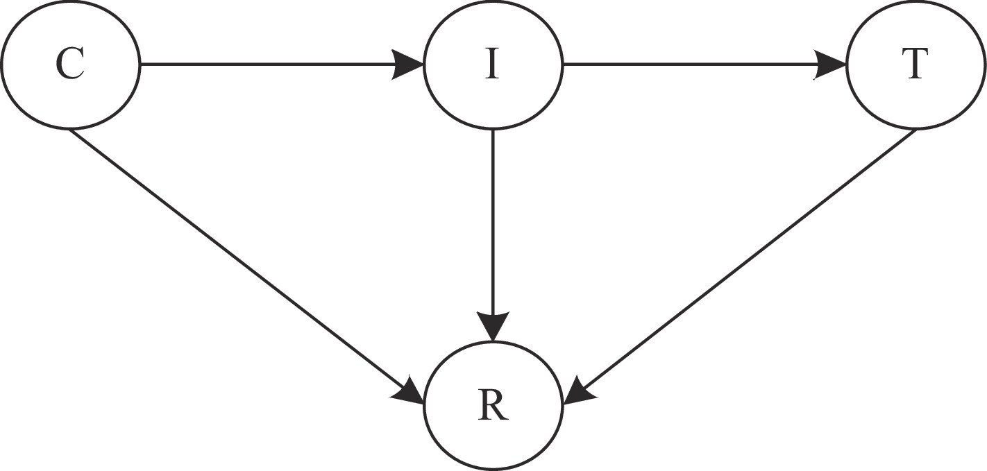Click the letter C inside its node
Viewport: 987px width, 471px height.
(69, 65)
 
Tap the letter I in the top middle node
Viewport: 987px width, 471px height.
(492, 65)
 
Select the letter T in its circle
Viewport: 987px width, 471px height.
(915, 65)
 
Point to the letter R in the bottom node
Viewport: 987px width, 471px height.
(493, 407)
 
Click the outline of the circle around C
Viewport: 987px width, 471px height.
(69, 3)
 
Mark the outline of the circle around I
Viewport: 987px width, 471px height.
(492, 3)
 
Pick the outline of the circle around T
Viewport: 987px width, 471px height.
(916, 3)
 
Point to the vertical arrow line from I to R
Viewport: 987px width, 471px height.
(492, 222)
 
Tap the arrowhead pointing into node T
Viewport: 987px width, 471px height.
(832, 65)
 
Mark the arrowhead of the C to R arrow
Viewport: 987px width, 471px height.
(410, 393)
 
